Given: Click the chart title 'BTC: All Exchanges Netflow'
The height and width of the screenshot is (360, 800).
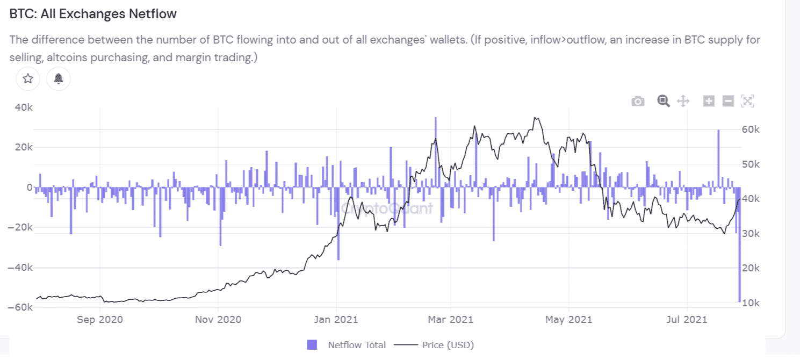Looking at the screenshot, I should [x=93, y=15].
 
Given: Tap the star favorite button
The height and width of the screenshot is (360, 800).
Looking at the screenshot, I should [x=28, y=79].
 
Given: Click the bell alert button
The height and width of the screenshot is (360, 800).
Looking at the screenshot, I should [x=59, y=79].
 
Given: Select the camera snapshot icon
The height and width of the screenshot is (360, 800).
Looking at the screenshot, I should [x=638, y=101].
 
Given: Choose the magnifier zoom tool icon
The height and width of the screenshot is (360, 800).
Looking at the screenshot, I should [x=664, y=101].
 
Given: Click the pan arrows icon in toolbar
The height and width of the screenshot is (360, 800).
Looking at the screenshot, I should [x=683, y=101].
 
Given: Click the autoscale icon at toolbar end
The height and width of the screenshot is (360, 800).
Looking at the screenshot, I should [x=748, y=100].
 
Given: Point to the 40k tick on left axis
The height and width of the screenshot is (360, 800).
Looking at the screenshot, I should [x=23, y=107].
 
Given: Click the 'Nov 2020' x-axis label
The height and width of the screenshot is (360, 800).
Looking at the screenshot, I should [x=218, y=320].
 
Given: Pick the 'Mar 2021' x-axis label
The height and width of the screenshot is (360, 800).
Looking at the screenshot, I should [x=450, y=320].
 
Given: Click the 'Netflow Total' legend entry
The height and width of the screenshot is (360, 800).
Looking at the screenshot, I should [x=357, y=345].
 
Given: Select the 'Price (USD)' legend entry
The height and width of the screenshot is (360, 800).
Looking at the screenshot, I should [x=448, y=345].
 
